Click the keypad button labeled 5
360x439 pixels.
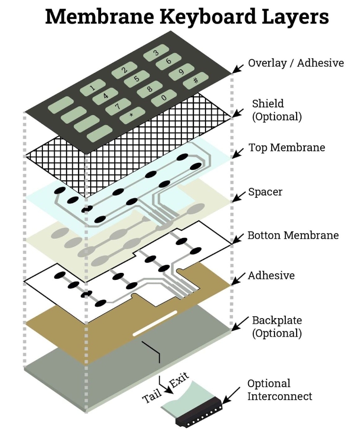[137, 79]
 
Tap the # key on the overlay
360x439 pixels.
[196, 81]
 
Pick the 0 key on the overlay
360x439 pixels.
[164, 98]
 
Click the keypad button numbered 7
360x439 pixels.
[118, 106]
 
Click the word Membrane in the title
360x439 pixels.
[100, 17]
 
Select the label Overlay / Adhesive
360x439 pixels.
[296, 63]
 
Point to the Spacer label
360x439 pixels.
[265, 192]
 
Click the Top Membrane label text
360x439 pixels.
[287, 148]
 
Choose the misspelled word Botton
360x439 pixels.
[264, 235]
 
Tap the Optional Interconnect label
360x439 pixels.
[280, 390]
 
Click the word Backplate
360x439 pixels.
[277, 321]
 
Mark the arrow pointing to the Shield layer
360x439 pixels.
[238, 113]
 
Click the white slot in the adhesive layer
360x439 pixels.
[155, 323]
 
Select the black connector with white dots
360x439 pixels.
[198, 413]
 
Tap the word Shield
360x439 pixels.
[268, 103]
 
